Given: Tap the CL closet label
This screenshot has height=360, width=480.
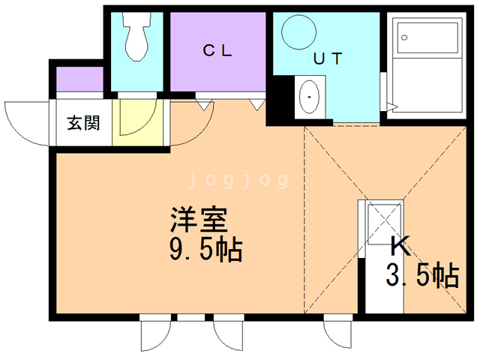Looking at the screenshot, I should [218, 51].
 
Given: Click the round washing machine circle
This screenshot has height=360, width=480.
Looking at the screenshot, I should [300, 31].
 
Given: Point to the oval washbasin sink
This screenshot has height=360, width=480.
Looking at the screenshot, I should [309, 97].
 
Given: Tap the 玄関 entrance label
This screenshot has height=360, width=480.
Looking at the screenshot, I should [82, 122].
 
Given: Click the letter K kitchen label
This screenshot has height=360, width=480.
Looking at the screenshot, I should [400, 247].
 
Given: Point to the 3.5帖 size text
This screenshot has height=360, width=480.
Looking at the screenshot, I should [421, 277].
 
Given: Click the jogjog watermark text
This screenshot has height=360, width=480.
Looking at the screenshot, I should [239, 180].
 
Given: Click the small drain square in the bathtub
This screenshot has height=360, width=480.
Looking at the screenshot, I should [404, 37].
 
